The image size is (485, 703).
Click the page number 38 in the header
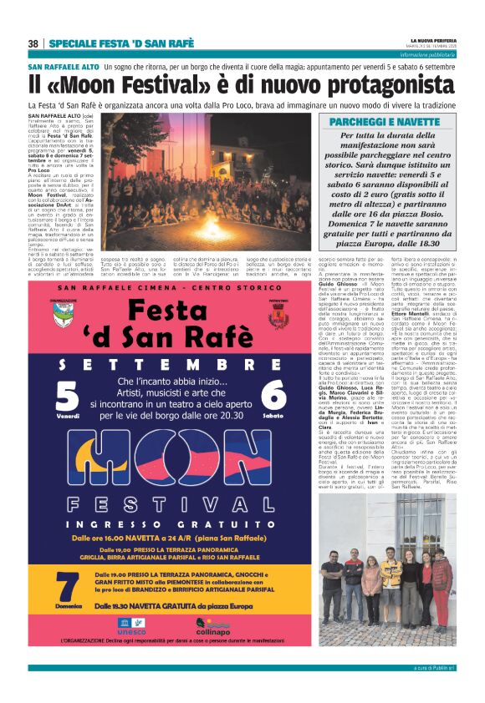point(33,43)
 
